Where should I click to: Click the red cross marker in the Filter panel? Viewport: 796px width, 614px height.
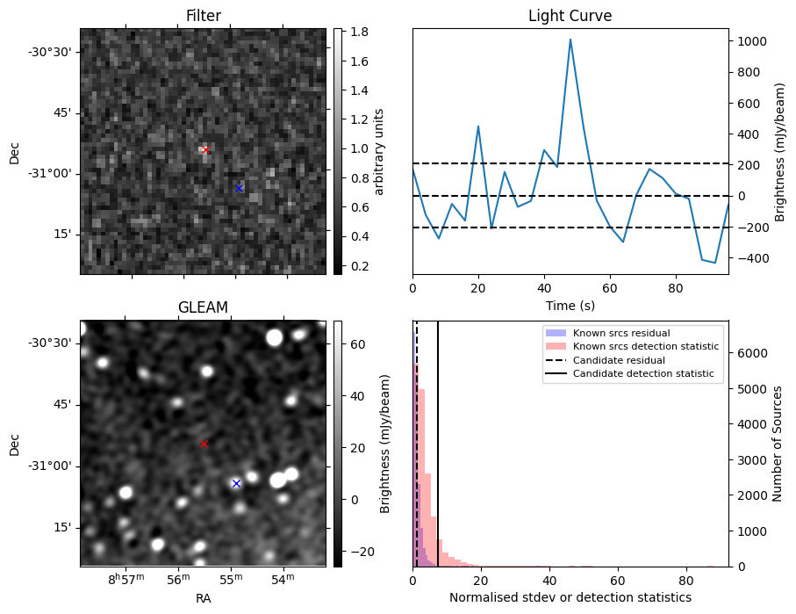click(x=205, y=150)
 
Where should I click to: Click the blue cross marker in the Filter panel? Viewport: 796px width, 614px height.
click(x=239, y=188)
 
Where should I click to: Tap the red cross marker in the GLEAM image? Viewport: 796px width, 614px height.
click(x=204, y=444)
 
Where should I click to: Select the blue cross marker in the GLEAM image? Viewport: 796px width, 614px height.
click(x=235, y=483)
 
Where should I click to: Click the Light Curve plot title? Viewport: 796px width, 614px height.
click(x=570, y=16)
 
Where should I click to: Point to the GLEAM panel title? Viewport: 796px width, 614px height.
click(x=203, y=307)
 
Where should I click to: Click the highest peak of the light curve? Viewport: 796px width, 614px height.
click(x=570, y=40)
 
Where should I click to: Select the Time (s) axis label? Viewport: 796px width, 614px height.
click(x=570, y=304)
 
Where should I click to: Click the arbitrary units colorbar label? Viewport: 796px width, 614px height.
click(x=380, y=151)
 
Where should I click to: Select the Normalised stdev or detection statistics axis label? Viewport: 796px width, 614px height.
click(x=570, y=597)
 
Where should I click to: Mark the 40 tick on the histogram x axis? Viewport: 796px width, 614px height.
click(x=549, y=580)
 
